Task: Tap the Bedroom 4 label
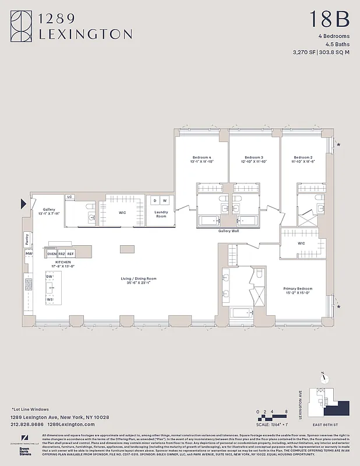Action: click(x=202, y=158)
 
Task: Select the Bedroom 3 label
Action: click(x=254, y=158)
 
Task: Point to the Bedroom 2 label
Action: click(x=303, y=158)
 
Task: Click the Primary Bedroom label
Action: click(x=299, y=289)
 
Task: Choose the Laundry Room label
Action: click(x=161, y=213)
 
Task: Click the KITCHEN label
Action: click(x=63, y=263)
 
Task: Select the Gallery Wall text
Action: click(x=228, y=231)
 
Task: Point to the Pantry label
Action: click(x=27, y=238)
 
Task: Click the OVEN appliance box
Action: click(x=52, y=254)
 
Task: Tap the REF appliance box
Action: click(x=70, y=254)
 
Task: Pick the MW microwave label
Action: click(x=28, y=253)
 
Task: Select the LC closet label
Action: click(x=69, y=197)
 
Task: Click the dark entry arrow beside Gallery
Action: click(x=24, y=203)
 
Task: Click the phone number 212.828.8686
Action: click(x=27, y=424)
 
